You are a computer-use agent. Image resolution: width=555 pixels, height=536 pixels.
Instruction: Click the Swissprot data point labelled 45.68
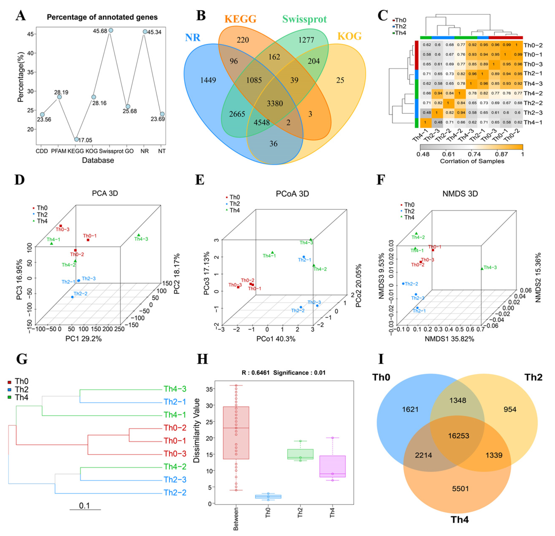(x=111, y=30)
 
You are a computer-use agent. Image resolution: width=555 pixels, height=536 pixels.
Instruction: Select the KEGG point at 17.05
(x=76, y=139)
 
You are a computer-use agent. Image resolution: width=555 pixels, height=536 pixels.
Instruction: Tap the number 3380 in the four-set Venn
(x=275, y=103)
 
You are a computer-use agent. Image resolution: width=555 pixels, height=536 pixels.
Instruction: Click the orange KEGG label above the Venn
(x=240, y=19)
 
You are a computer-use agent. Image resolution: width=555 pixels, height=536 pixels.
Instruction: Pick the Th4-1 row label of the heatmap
(x=533, y=122)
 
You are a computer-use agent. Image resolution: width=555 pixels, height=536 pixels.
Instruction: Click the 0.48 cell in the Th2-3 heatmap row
(x=427, y=113)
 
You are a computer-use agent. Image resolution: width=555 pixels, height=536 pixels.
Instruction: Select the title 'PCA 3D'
(x=105, y=193)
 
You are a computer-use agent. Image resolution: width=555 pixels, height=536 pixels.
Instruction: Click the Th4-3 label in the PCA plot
(x=141, y=239)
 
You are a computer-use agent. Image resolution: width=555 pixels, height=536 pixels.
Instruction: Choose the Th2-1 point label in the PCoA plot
(x=305, y=260)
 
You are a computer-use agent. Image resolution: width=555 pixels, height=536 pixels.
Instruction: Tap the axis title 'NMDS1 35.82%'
(x=449, y=339)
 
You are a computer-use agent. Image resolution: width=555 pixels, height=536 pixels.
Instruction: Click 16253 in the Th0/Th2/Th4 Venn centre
(x=459, y=436)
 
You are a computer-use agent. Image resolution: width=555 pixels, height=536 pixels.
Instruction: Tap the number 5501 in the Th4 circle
(x=460, y=489)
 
